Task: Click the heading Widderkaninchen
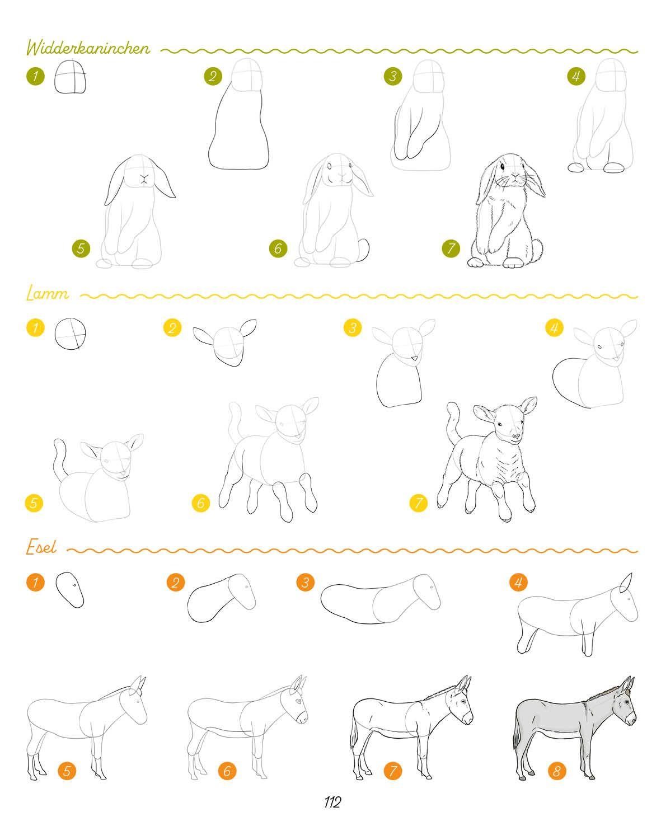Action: pos(88,48)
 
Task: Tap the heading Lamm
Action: pos(47,294)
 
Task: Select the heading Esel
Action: pos(41,547)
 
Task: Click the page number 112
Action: pos(332,801)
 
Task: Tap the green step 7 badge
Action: pos(451,248)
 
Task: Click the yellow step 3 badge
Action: pos(353,327)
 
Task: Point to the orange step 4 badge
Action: pos(519,582)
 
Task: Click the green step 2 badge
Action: pos(213,76)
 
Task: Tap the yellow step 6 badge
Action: pos(201,503)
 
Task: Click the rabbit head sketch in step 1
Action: pos(71,77)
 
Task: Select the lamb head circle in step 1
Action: pos(71,334)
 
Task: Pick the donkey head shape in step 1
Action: pos(70,590)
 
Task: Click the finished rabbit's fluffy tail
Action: pos(537,248)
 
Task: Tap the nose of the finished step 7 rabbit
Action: pos(515,175)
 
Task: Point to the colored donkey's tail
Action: pos(517,738)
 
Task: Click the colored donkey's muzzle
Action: pos(630,719)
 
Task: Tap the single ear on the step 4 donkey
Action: pos(626,582)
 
